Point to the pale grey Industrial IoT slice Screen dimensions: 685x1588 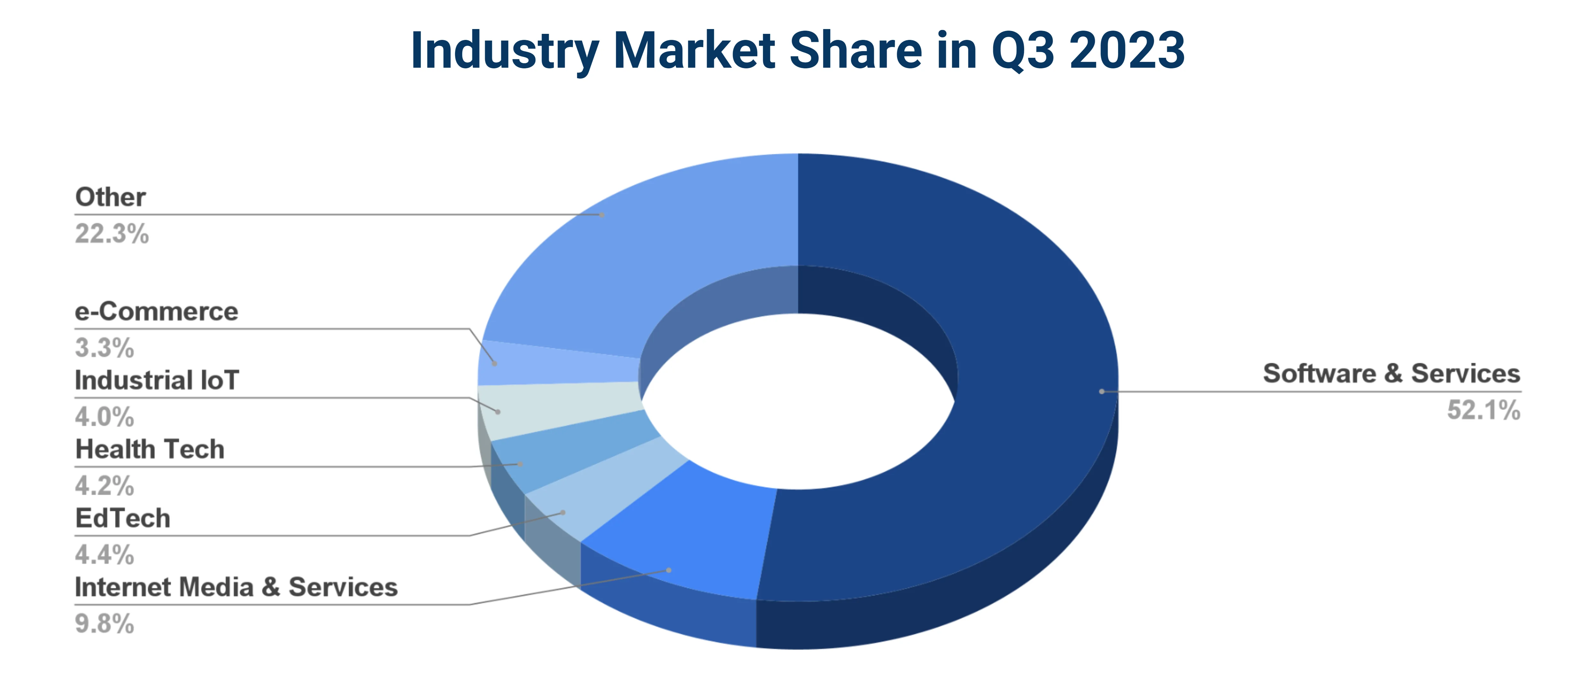[555, 407]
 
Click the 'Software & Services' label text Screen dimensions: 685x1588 [1391, 374]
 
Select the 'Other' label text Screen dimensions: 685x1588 [110, 197]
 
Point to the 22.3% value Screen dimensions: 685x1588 [111, 234]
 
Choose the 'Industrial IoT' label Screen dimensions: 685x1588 [157, 380]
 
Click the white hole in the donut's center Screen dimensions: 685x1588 [798, 401]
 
